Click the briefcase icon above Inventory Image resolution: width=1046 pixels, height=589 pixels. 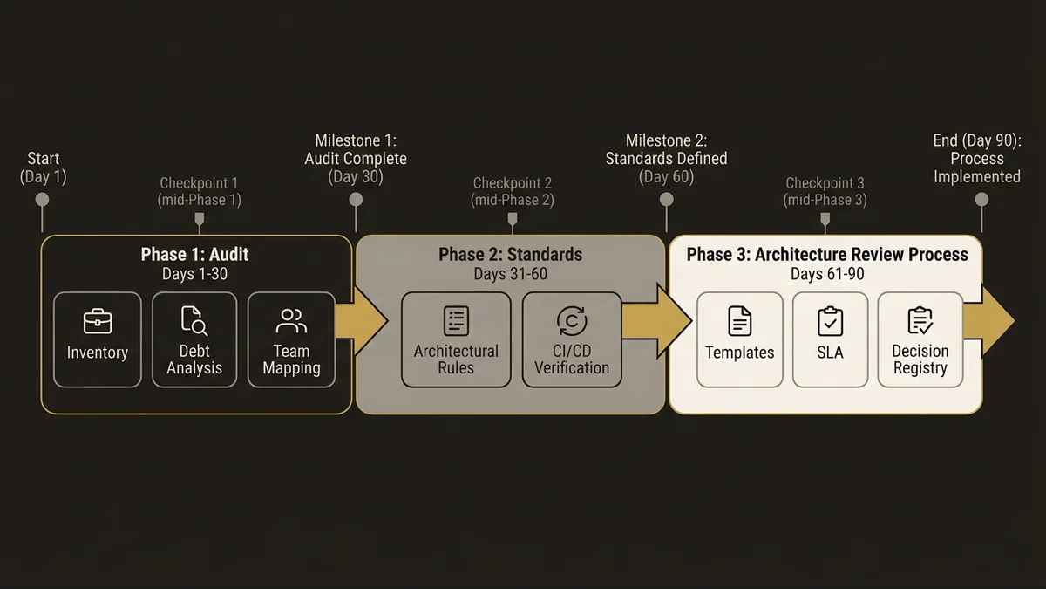(97, 322)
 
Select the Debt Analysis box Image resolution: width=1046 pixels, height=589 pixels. (194, 339)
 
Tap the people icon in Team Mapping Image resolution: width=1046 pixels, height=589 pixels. (291, 321)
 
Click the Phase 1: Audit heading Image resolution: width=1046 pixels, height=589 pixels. (195, 255)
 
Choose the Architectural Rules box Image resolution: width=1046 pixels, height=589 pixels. (456, 339)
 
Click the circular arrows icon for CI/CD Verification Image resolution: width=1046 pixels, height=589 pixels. (572, 320)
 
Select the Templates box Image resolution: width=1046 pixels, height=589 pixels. (739, 339)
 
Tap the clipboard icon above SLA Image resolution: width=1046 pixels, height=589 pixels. (830, 322)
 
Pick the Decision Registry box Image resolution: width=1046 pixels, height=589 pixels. (920, 339)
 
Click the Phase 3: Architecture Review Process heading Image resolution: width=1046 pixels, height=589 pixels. (827, 255)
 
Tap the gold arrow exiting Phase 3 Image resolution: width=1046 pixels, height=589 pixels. (999, 321)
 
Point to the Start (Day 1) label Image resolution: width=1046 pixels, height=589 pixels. (44, 168)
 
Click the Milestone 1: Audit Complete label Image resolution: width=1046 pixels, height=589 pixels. (356, 159)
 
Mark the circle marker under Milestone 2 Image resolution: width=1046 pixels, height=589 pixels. (667, 200)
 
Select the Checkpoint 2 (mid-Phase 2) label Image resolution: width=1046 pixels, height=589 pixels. (513, 191)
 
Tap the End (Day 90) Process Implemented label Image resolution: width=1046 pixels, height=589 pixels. (976, 159)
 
